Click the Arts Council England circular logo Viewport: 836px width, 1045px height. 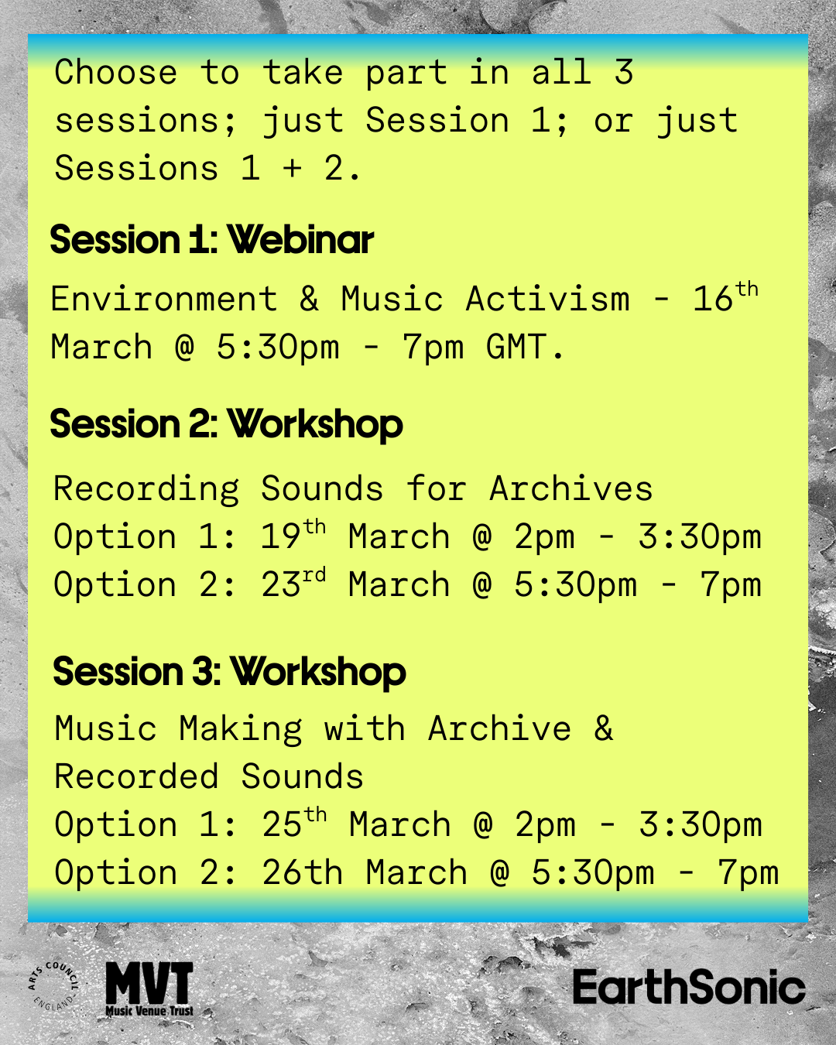[x=53, y=985]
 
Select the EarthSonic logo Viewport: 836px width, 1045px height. [x=689, y=986]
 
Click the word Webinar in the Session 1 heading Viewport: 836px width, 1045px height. [x=301, y=240]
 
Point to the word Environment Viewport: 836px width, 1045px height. [x=164, y=298]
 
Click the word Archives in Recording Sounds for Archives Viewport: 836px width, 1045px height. [x=570, y=488]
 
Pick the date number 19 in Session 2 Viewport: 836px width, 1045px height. [x=280, y=536]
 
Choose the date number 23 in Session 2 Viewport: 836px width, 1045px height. [x=280, y=584]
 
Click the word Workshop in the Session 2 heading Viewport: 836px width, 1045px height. [x=316, y=424]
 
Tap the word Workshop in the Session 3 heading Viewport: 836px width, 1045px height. [x=318, y=672]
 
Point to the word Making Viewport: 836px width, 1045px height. [x=241, y=728]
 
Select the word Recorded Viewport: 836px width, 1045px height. [x=136, y=776]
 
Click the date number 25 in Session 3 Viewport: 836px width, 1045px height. [x=282, y=824]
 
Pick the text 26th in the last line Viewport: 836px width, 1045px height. [x=302, y=872]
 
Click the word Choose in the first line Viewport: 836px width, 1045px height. [x=115, y=72]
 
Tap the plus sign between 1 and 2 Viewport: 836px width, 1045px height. [x=292, y=169]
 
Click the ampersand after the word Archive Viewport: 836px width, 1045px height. [x=603, y=728]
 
